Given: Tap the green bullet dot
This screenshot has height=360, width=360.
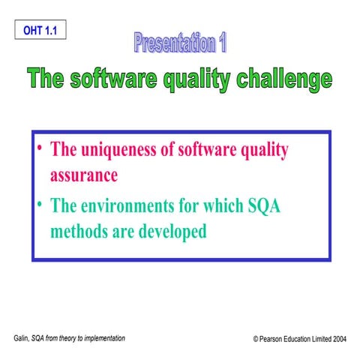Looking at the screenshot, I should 40,203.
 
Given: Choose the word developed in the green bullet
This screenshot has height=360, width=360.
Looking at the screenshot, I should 173,232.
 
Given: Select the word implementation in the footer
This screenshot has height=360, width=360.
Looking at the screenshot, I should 102,338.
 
